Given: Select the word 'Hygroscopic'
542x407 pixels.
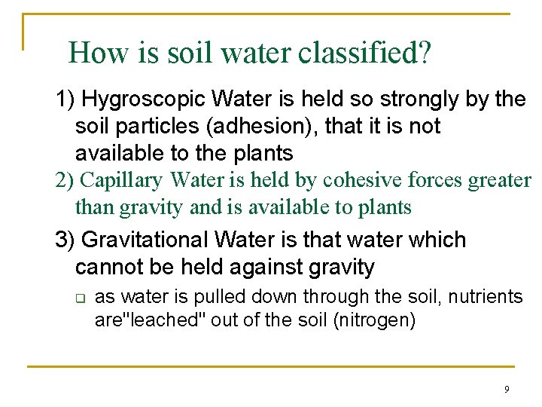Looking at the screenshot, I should (144, 99).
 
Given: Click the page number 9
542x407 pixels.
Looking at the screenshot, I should (506, 389).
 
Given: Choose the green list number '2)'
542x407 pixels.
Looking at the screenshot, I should (64, 180).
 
